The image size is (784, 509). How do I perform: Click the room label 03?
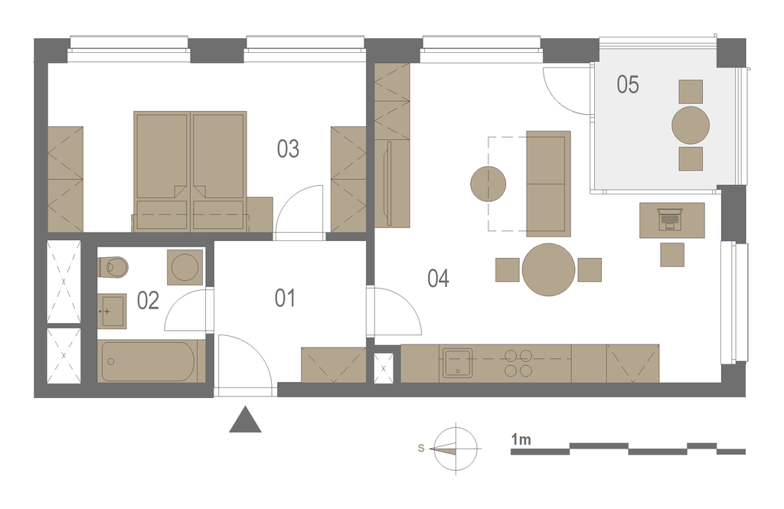[x=288, y=149]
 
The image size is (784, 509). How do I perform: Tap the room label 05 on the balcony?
[x=628, y=84]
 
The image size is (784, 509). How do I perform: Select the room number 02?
[x=148, y=301]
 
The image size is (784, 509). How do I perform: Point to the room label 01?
[x=285, y=298]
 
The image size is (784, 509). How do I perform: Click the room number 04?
[x=438, y=278]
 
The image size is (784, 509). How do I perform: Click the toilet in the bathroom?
[x=113, y=266]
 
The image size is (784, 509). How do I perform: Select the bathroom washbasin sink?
[x=112, y=311]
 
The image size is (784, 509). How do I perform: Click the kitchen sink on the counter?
[x=456, y=363]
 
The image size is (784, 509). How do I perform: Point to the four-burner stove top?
[x=518, y=363]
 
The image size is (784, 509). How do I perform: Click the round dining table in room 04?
[x=548, y=269]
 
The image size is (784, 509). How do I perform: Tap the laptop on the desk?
[x=670, y=219]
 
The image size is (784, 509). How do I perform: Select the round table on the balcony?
[x=691, y=125]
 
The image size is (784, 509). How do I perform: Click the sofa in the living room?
[x=548, y=184]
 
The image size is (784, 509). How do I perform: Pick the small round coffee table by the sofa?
[x=488, y=184]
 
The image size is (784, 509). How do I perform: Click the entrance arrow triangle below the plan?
[x=245, y=420]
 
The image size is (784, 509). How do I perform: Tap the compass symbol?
[x=456, y=449]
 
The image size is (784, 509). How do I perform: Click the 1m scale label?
[x=521, y=440]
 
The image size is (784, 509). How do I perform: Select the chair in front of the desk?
[x=672, y=254]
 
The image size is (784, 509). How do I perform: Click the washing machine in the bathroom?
[x=185, y=267]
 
